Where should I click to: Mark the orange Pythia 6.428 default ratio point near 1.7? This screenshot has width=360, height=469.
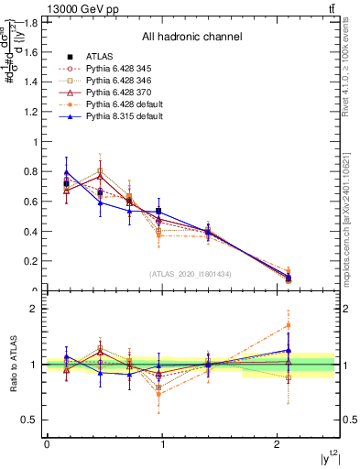pyautogui.click(x=289, y=325)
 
